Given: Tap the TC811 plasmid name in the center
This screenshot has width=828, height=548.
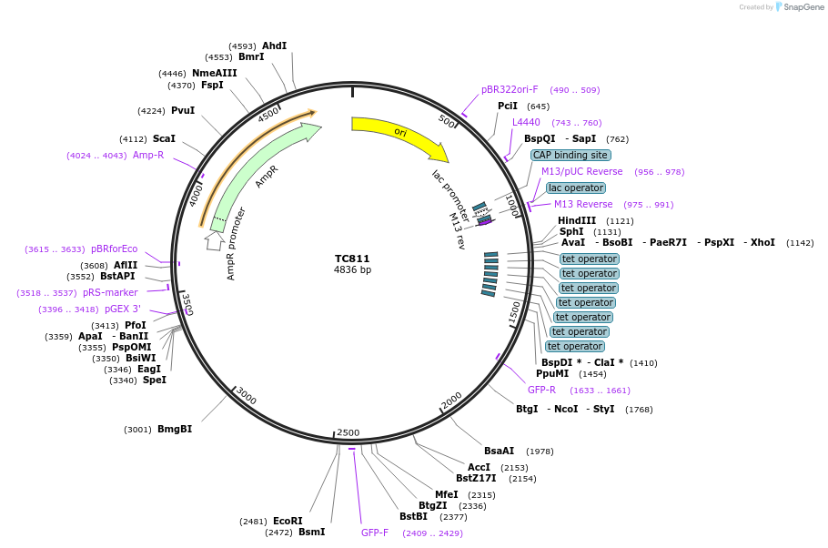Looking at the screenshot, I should (352, 259).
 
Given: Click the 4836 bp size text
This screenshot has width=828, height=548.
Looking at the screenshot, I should (352, 270).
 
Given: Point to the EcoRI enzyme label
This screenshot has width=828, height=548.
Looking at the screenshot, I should (288, 522).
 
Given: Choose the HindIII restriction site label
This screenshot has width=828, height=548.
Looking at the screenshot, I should (577, 221).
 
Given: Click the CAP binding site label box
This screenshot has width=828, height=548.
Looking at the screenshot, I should (571, 156).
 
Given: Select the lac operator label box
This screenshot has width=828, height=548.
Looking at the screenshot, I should (576, 188).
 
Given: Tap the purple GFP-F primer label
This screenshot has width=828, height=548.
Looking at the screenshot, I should (375, 533).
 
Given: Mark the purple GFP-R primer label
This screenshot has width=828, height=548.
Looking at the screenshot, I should (541, 391).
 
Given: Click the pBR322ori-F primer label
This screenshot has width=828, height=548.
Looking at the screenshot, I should (510, 90).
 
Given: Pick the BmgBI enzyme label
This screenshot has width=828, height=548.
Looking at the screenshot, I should (175, 430).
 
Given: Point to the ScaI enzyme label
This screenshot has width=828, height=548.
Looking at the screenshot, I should (164, 139).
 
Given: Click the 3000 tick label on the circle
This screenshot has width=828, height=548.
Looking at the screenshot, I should (246, 398).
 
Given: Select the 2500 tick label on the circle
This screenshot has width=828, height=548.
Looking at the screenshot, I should (348, 432).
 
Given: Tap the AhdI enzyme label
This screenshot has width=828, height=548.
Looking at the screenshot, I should (274, 46).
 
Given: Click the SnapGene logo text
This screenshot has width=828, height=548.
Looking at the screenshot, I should (802, 7).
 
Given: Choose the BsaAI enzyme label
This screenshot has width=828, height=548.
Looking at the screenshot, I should (500, 451).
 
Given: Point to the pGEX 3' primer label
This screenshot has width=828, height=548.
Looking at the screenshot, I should (123, 310).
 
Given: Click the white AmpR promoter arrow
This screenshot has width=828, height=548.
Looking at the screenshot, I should (214, 241).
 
